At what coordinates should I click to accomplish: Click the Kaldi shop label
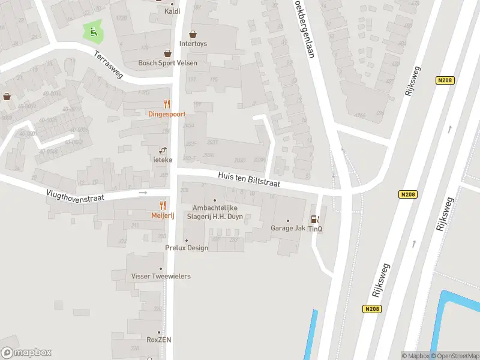point(172,11)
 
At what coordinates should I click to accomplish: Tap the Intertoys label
point(193,44)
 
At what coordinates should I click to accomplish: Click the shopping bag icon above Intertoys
point(193,34)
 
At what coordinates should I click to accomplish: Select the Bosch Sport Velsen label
point(167,63)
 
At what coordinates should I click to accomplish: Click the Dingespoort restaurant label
point(167,114)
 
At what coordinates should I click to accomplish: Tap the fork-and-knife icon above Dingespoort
point(167,104)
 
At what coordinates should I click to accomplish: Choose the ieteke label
point(163,160)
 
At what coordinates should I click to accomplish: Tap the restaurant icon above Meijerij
point(163,206)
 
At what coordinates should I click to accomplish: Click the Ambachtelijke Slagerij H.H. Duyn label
point(215,212)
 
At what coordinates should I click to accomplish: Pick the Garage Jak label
point(288,228)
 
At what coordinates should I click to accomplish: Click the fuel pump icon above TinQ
point(315,220)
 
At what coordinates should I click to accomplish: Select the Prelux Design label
point(187,248)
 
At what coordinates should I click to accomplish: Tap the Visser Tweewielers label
point(161,276)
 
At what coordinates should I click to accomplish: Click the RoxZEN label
point(159,340)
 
